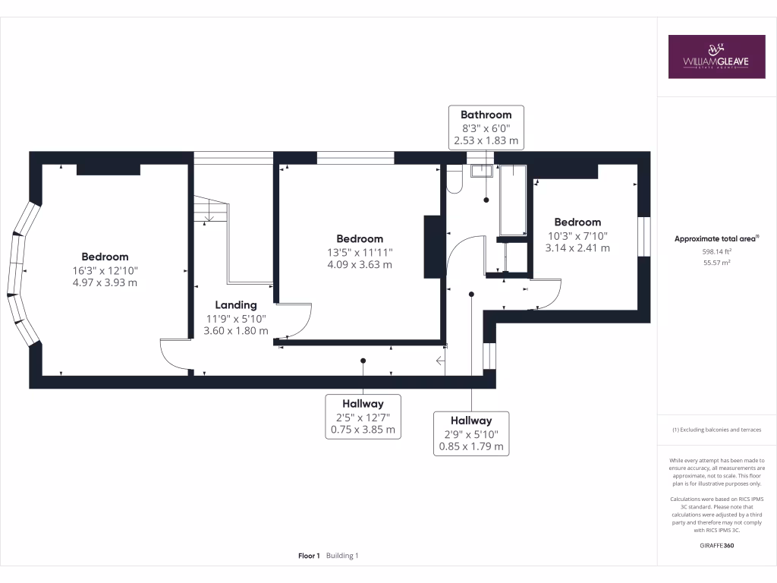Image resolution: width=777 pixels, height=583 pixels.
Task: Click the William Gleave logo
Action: pos(716,56)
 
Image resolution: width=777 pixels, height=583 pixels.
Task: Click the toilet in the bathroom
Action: pos(455,179)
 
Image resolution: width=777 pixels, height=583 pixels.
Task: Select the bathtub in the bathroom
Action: pos(513,199)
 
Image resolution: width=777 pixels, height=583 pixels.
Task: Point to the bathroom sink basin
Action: pos(481,171)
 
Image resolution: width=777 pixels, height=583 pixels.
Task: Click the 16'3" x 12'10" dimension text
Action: pos(105,270)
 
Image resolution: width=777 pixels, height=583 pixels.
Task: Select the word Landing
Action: pos(235,304)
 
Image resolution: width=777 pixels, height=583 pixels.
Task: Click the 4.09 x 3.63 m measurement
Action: pos(360,265)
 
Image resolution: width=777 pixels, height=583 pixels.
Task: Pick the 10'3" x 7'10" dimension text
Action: pos(577,235)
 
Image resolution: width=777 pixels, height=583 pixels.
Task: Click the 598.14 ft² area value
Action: pos(716,251)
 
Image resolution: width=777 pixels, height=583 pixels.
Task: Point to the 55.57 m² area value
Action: pos(716,263)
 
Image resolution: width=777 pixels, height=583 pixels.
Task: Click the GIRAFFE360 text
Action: pos(717,546)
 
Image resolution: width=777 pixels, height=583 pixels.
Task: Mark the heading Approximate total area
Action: pos(716,238)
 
